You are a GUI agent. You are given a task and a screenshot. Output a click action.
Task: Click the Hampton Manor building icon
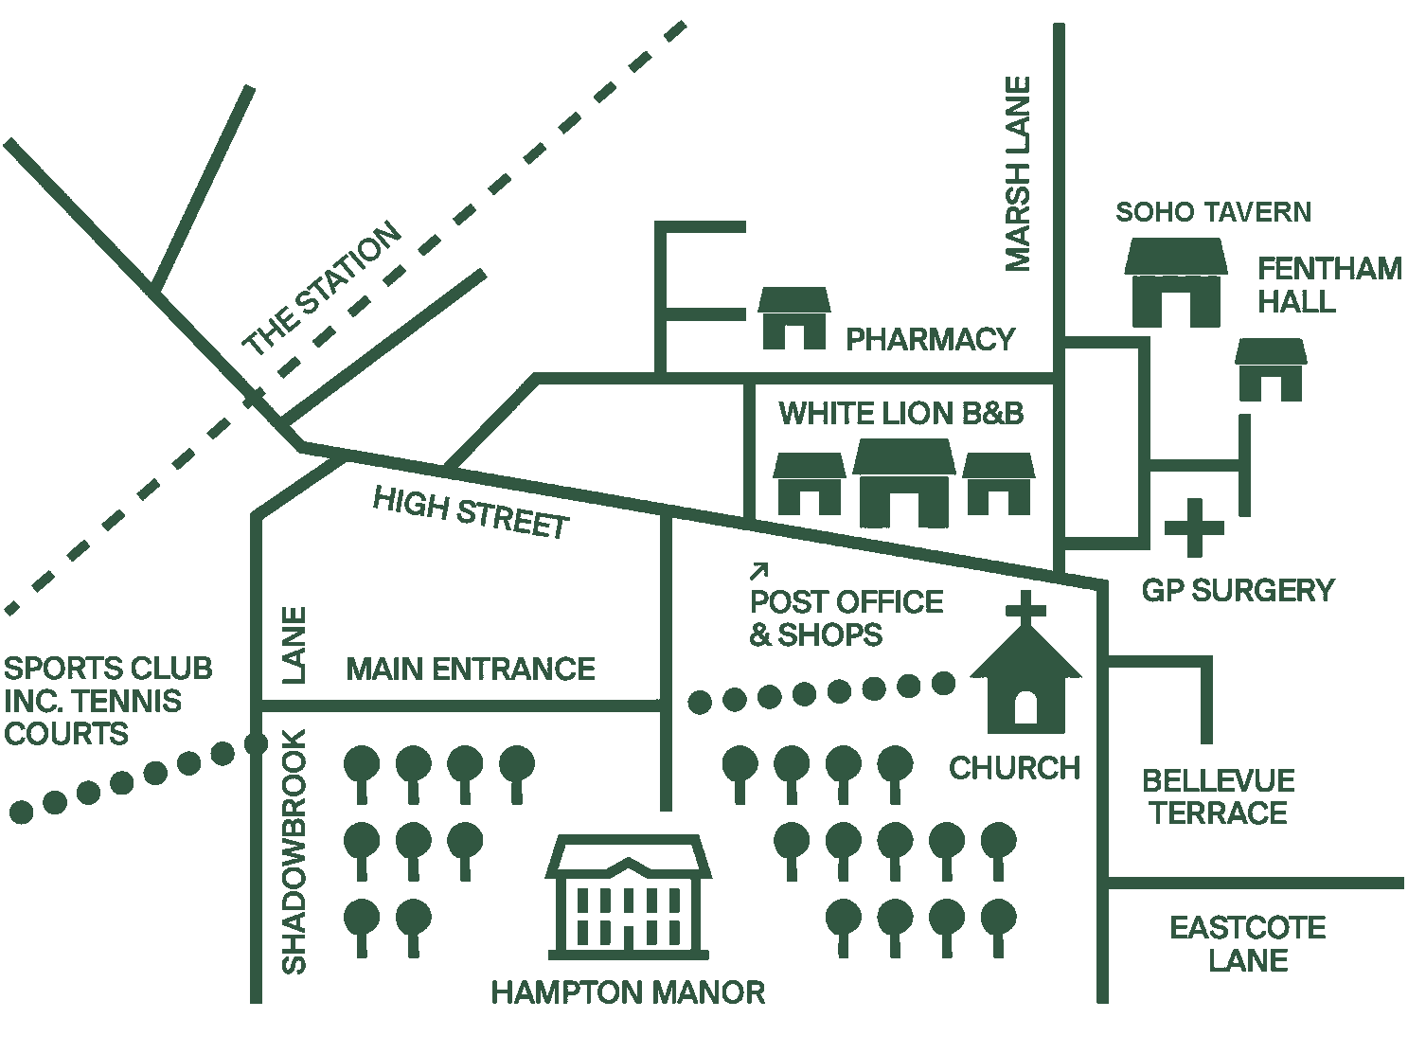[630, 895]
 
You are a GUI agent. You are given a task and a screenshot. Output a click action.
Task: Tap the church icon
[1025, 682]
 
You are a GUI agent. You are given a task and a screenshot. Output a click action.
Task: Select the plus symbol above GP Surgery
[1193, 527]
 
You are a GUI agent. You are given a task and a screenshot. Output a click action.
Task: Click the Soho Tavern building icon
[1175, 283]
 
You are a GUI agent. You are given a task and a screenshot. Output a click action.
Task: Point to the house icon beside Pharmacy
[794, 318]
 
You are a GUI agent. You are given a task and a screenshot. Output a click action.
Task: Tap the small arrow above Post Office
[759, 570]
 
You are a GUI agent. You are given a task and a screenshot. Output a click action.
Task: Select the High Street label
[471, 512]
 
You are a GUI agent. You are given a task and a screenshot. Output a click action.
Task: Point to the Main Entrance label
[471, 670]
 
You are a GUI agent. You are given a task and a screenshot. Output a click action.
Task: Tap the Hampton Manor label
[628, 992]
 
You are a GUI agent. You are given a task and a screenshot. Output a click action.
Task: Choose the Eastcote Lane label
[1248, 944]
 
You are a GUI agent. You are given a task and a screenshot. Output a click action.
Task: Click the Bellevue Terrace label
[1218, 796]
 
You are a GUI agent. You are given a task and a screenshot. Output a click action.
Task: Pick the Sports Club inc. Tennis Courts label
[108, 701]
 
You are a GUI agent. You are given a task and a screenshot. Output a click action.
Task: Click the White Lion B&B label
[900, 414]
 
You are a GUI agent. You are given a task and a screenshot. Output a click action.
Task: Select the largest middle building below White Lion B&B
[901, 483]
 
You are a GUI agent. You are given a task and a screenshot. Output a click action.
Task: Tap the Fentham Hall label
[1328, 285]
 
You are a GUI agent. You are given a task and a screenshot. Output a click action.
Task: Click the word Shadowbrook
[295, 851]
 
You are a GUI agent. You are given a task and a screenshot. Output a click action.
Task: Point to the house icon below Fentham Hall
[1271, 369]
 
